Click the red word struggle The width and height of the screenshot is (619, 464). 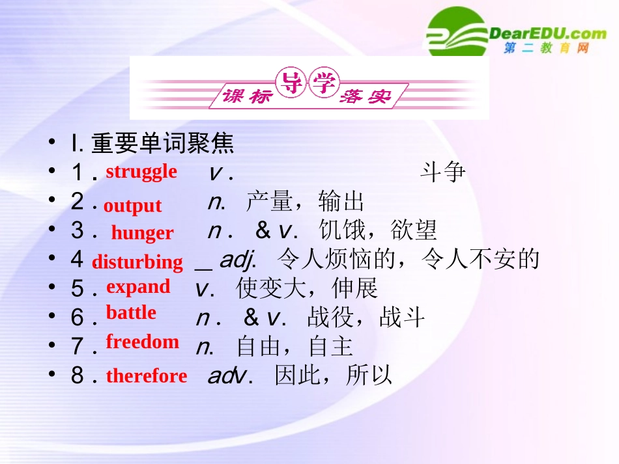[141, 172]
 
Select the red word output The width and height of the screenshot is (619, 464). [132, 206]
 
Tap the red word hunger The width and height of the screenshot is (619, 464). [142, 233]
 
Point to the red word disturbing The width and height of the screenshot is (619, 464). [137, 262]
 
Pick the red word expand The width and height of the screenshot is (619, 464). [138, 287]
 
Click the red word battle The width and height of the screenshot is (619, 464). [131, 313]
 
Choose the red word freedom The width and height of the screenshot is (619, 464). [142, 342]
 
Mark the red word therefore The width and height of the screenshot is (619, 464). [147, 376]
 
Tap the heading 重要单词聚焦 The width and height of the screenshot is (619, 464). [162, 144]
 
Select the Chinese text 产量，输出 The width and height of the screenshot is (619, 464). [305, 202]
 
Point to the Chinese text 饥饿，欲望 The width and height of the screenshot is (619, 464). [378, 230]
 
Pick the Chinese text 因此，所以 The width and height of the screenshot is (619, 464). [334, 376]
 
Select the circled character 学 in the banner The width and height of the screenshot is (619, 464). [323, 83]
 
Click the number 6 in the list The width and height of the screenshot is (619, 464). [78, 318]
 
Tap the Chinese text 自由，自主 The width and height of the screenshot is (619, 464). [295, 347]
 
